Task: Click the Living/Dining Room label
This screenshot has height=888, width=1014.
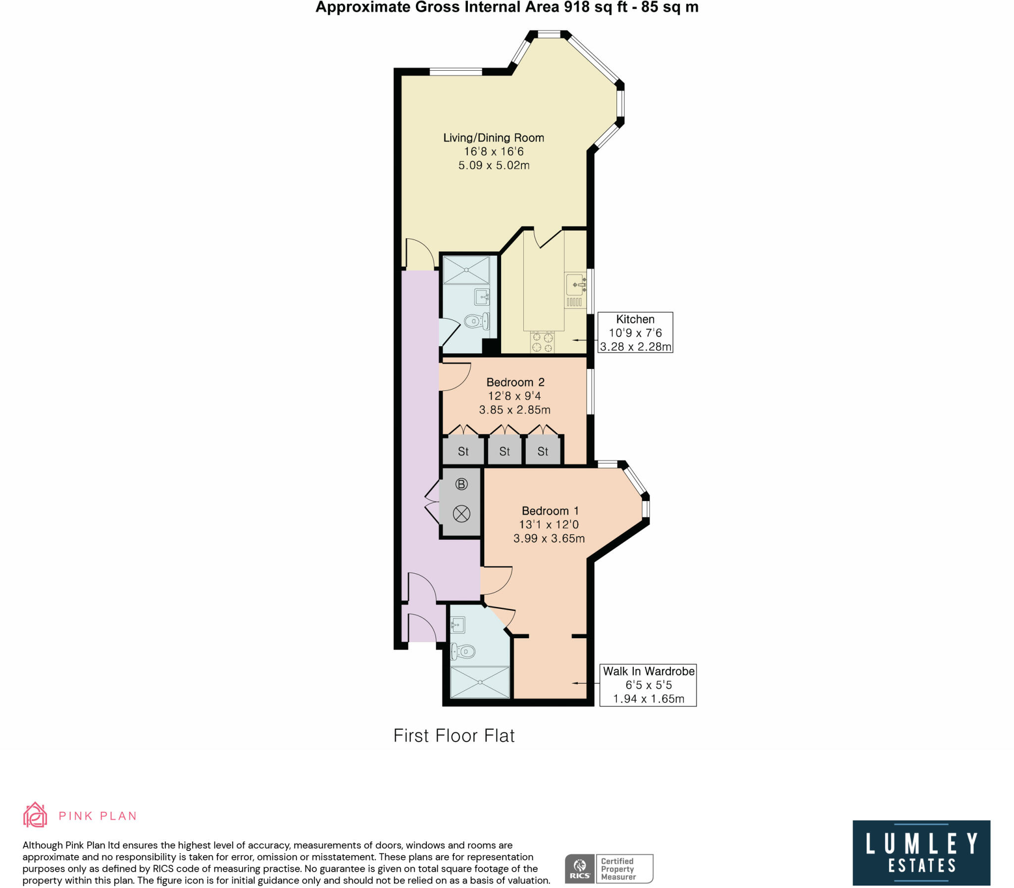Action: click(x=493, y=138)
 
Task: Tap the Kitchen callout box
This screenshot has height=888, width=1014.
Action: click(x=635, y=332)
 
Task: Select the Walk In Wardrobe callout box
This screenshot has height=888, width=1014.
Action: click(x=648, y=685)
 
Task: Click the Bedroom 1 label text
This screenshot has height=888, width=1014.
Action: click(x=550, y=511)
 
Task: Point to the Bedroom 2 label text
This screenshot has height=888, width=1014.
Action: click(x=515, y=382)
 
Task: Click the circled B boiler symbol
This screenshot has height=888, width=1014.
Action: click(x=461, y=484)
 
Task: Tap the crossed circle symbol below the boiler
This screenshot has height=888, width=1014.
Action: click(x=461, y=514)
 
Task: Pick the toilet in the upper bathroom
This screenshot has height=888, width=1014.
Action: click(x=475, y=322)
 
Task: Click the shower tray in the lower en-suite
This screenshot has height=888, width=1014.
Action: click(x=479, y=682)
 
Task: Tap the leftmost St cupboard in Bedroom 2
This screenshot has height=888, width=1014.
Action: click(x=462, y=451)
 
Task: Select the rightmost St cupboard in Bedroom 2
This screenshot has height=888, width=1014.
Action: click(x=543, y=451)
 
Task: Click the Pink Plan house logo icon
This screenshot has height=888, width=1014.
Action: click(x=35, y=815)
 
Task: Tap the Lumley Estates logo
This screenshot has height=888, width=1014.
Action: click(x=921, y=852)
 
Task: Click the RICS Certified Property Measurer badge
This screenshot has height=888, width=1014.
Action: click(x=608, y=869)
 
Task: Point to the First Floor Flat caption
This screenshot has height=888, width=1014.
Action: click(x=454, y=736)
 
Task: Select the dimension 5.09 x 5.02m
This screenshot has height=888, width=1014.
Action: click(x=493, y=165)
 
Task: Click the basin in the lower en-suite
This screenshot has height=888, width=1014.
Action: click(x=457, y=625)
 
